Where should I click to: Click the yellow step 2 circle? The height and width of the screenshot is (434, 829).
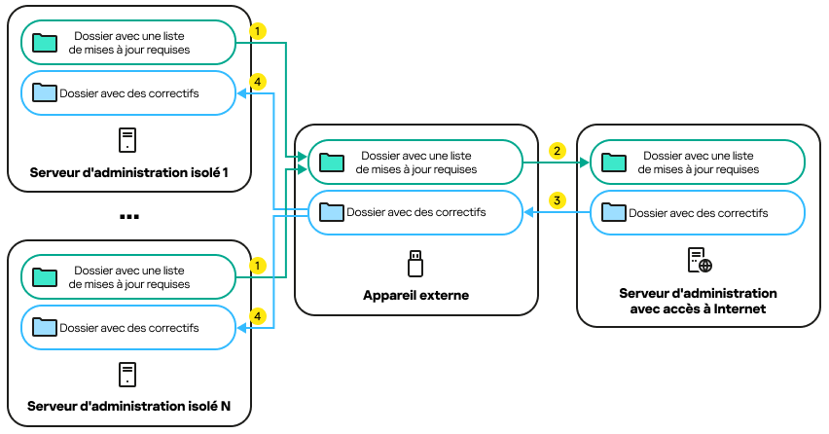pyautogui.click(x=557, y=151)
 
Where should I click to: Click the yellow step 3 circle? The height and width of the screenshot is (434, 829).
pyautogui.click(x=557, y=200)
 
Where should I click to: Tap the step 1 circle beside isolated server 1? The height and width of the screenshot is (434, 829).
pyautogui.click(x=257, y=31)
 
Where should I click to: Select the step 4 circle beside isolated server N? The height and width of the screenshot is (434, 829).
pyautogui.click(x=257, y=316)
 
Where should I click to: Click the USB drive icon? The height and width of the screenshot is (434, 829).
pyautogui.click(x=415, y=263)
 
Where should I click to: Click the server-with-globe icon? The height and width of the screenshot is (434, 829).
pyautogui.click(x=700, y=260)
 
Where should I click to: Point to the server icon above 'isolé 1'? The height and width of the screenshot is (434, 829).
pyautogui.click(x=127, y=140)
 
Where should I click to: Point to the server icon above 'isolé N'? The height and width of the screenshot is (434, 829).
pyautogui.click(x=127, y=375)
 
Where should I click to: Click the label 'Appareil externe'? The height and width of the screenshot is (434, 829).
pyautogui.click(x=415, y=295)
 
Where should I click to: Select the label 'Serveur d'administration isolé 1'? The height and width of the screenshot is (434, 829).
pyautogui.click(x=129, y=172)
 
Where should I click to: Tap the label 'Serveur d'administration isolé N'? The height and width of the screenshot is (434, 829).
pyautogui.click(x=129, y=406)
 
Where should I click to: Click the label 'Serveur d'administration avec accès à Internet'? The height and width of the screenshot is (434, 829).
pyautogui.click(x=698, y=301)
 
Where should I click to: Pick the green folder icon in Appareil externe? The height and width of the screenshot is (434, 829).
pyautogui.click(x=333, y=162)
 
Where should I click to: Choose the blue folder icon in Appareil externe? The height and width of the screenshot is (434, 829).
pyautogui.click(x=333, y=211)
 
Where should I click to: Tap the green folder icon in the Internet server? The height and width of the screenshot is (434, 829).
pyautogui.click(x=614, y=162)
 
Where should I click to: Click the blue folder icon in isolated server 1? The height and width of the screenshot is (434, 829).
pyautogui.click(x=45, y=93)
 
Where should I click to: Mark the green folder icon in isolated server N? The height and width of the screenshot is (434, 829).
pyautogui.click(x=45, y=277)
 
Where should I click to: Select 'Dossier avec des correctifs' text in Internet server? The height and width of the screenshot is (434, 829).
pyautogui.click(x=698, y=212)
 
